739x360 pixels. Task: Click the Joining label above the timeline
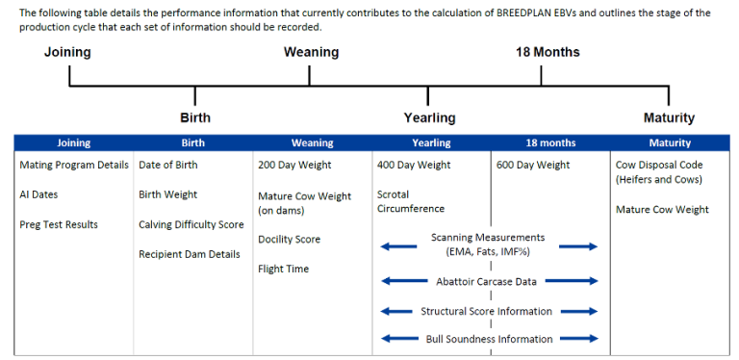point(67,52)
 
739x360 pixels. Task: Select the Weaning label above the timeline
point(311,52)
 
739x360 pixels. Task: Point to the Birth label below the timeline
point(195,117)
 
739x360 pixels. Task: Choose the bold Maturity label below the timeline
point(669,117)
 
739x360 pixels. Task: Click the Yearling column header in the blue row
point(431,142)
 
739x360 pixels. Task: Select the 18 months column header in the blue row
point(550,142)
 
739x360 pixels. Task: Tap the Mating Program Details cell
point(74,165)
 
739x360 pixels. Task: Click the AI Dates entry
point(38,194)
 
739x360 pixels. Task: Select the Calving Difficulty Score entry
point(191,224)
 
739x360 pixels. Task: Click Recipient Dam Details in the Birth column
point(190,254)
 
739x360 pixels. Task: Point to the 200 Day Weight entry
point(294,165)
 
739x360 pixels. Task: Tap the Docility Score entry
point(289,239)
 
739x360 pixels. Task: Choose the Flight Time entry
point(284,269)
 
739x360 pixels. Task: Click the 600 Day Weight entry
point(533,165)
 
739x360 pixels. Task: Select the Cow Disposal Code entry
point(659,165)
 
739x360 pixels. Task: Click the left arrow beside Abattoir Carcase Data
point(399,282)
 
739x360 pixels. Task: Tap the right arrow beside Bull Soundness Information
point(578,338)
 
